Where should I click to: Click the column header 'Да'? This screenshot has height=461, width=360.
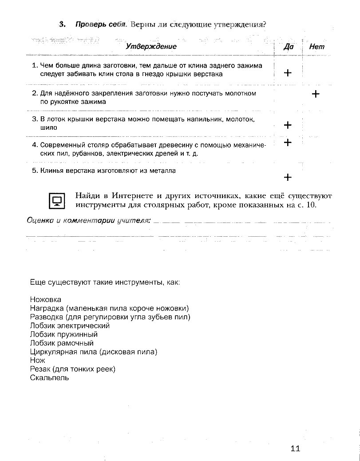288,46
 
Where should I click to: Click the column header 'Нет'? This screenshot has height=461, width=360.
316,46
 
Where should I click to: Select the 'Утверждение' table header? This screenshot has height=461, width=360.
151,46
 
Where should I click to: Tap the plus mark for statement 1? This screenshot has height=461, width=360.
288,73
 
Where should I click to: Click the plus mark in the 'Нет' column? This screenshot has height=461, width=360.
316,94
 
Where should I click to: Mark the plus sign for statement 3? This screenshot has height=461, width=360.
288,125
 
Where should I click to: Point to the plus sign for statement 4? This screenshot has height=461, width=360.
288,143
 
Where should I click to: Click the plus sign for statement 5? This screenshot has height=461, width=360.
288,177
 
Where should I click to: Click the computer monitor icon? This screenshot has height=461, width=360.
57,201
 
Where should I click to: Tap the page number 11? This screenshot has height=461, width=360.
296,448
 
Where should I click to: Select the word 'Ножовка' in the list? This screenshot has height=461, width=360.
46,300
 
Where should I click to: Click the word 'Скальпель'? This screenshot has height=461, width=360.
49,378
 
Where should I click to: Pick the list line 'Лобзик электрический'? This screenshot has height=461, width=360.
70,326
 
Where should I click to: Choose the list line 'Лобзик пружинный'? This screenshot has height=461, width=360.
63,334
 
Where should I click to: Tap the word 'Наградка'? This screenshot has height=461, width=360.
47,308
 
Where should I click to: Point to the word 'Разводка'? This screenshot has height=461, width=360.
47,317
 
